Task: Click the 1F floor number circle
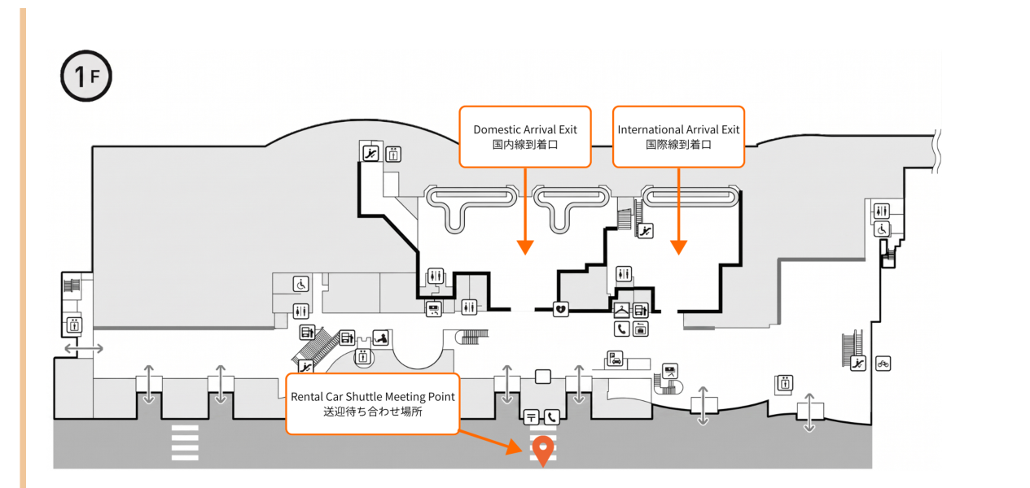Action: point(86,76)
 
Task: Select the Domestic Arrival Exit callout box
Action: point(525,137)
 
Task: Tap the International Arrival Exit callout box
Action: point(679,137)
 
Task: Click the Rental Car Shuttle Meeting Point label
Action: point(372,404)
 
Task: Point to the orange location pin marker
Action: point(543,451)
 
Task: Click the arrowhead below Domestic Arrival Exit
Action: point(525,247)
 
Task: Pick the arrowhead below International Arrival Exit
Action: point(679,247)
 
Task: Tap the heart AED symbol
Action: point(560,309)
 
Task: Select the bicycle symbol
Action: point(883,364)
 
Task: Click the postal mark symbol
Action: point(531,417)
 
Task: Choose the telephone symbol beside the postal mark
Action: point(551,417)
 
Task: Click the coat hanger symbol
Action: point(621,310)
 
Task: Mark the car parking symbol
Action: point(615,359)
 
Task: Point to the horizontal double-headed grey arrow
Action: point(84,349)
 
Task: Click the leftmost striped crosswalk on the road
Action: point(185,442)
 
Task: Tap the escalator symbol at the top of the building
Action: point(370,153)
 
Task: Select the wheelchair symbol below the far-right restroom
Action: point(882,229)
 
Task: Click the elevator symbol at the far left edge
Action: point(74,325)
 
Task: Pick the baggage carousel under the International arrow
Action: point(690,197)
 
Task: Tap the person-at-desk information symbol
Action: point(381,338)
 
